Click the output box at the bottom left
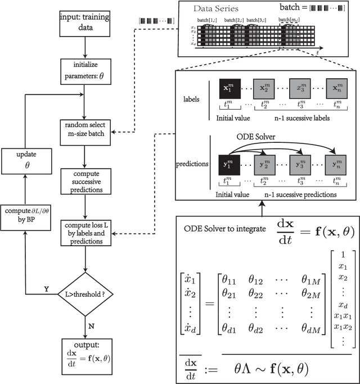coord(84,352)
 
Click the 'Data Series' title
coord(216,10)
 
